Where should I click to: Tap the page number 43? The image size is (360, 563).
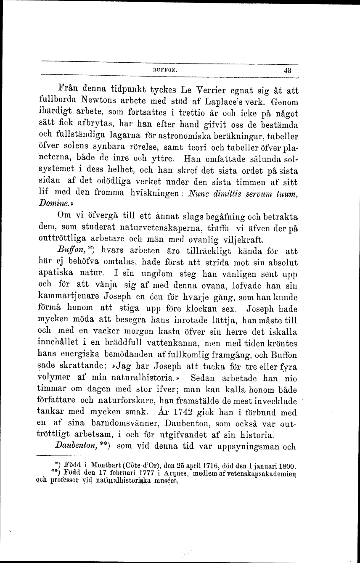(288, 71)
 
